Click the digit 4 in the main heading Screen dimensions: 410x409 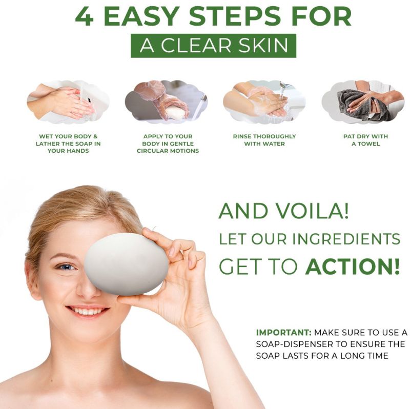tap(85, 17)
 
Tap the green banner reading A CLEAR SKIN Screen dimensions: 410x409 tap(213, 46)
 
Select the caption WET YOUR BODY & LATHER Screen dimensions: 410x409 tap(68, 144)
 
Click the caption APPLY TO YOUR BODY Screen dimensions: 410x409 tap(168, 144)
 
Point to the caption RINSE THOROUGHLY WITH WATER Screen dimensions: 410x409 tap(264, 140)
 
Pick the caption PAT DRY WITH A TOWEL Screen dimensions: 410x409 tap(365, 140)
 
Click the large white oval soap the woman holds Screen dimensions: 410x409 tap(127, 264)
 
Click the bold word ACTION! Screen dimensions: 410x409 tap(353, 267)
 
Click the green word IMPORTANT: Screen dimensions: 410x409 tap(284, 333)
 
